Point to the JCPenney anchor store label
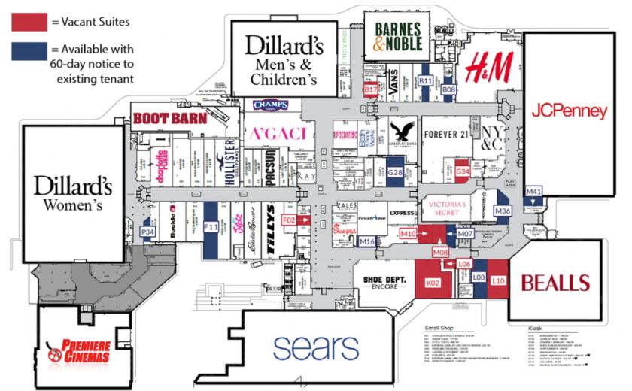click(x=569, y=111)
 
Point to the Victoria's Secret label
click(x=449, y=207)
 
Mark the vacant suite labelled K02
click(x=432, y=283)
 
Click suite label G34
click(x=463, y=172)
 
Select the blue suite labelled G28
click(x=396, y=173)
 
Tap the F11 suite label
click(x=211, y=226)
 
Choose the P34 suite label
click(x=148, y=232)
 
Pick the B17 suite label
click(x=370, y=89)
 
